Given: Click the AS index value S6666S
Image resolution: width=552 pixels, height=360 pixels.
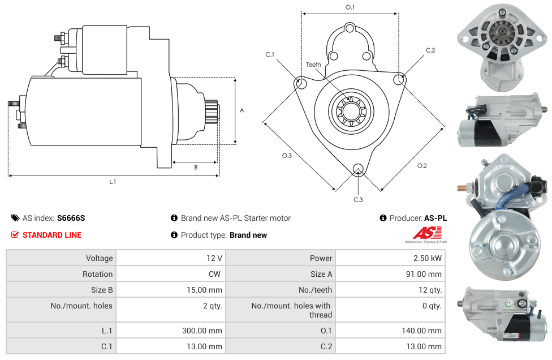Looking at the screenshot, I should pyautogui.click(x=71, y=218).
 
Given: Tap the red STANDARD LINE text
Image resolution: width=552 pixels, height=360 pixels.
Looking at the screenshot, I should pyautogui.click(x=51, y=235).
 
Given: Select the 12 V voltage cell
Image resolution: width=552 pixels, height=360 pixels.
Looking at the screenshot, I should pyautogui.click(x=214, y=258).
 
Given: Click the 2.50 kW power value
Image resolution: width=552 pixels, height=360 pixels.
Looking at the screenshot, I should pyautogui.click(x=428, y=258).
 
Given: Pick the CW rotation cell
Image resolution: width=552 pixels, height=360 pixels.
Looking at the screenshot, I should pyautogui.click(x=217, y=274).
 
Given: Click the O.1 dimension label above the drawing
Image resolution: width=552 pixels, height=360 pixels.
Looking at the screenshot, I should pyautogui.click(x=350, y=7).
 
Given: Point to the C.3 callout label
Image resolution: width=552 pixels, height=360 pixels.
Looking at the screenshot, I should pyautogui.click(x=358, y=199).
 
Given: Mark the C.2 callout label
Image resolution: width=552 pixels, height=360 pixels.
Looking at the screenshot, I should pyautogui.click(x=430, y=50).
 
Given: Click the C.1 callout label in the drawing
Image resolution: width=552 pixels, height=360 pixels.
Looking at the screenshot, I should pyautogui.click(x=270, y=54).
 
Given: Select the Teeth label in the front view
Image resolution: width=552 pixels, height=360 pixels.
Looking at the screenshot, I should pyautogui.click(x=313, y=65).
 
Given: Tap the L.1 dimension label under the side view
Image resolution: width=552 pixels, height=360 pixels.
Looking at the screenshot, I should pyautogui.click(x=113, y=182).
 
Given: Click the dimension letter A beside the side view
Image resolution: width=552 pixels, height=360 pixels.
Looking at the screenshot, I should pyautogui.click(x=242, y=110).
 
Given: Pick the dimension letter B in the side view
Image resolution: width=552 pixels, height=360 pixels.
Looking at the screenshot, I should pyautogui.click(x=196, y=167).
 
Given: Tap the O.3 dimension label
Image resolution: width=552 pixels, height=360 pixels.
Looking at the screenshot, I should pyautogui.click(x=287, y=156).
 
